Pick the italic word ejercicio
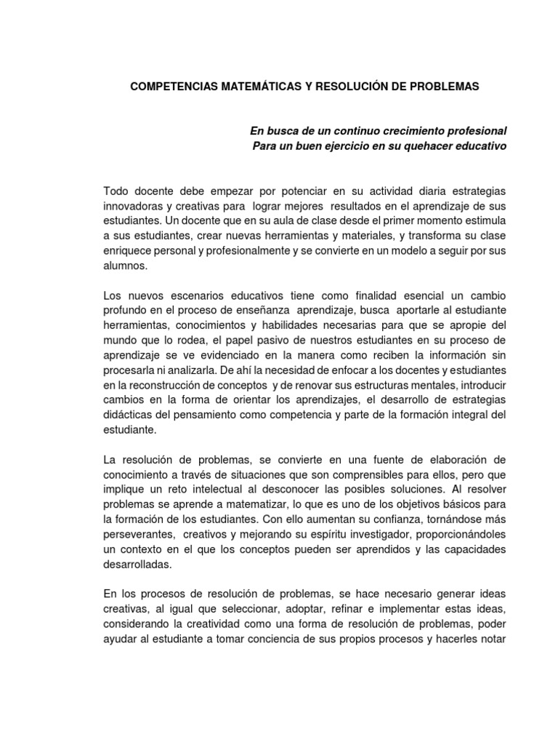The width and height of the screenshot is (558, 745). (333, 146)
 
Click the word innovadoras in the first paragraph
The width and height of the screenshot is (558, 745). (133, 206)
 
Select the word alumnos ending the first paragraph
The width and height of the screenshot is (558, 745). (125, 266)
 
